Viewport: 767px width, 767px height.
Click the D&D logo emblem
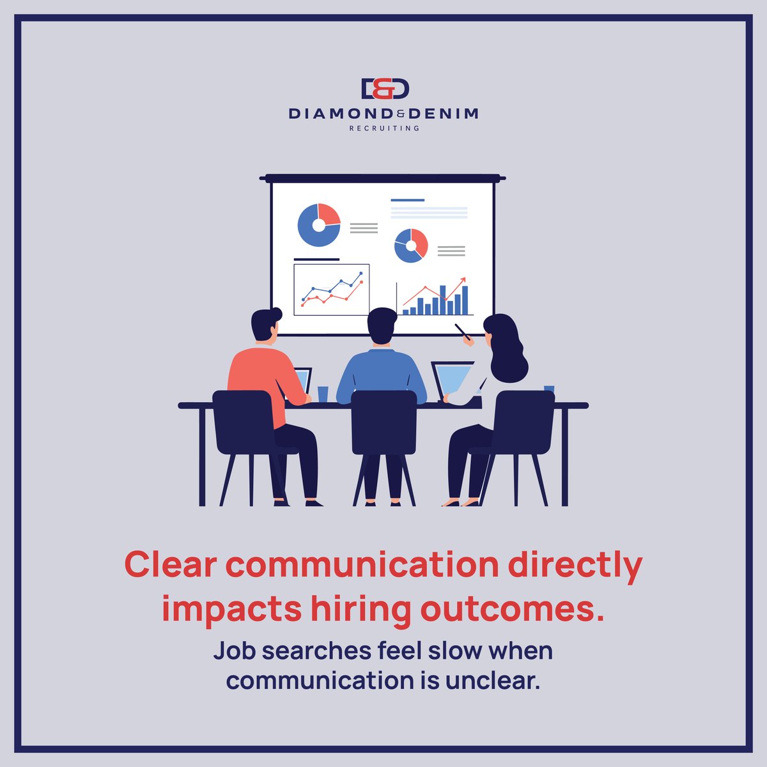pyautogui.click(x=383, y=89)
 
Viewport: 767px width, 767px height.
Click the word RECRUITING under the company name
pyautogui.click(x=383, y=128)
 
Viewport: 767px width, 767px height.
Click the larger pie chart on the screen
pyautogui.click(x=318, y=225)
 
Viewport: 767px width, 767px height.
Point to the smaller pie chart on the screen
pyautogui.click(x=410, y=245)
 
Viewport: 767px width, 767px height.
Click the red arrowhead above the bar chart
pyautogui.click(x=462, y=280)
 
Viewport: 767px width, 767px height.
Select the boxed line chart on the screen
pyautogui.click(x=331, y=290)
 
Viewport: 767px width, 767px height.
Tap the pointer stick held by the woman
pyautogui.click(x=461, y=331)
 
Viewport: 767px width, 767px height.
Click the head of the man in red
pyautogui.click(x=265, y=325)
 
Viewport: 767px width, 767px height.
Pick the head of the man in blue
pyautogui.click(x=382, y=326)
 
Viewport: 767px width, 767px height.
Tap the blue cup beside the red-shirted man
pyautogui.click(x=323, y=394)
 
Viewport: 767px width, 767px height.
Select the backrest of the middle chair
pyautogui.click(x=383, y=422)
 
